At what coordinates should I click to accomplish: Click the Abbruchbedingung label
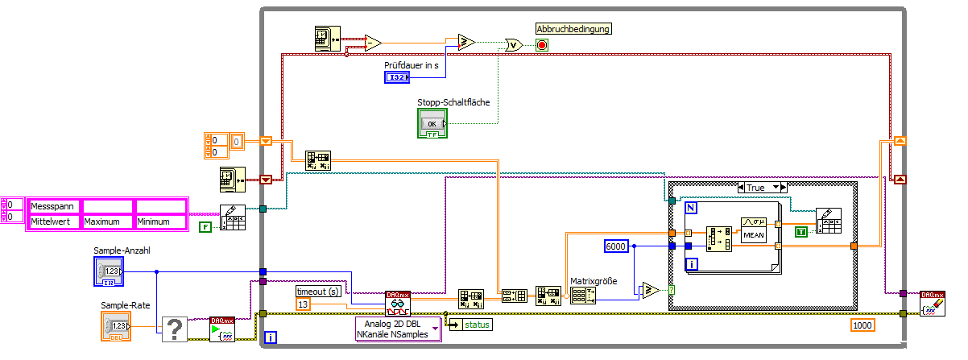[573, 29]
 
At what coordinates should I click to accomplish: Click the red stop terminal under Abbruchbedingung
[542, 45]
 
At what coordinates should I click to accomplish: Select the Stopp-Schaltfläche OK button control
[432, 123]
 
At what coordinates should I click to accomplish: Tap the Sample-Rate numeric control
[115, 326]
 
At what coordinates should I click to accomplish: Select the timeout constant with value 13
[304, 304]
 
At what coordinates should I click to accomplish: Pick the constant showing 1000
[863, 325]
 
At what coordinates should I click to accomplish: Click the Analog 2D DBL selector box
[398, 329]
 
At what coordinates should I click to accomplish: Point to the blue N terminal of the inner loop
[690, 208]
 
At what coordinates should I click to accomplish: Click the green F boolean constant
[205, 227]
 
